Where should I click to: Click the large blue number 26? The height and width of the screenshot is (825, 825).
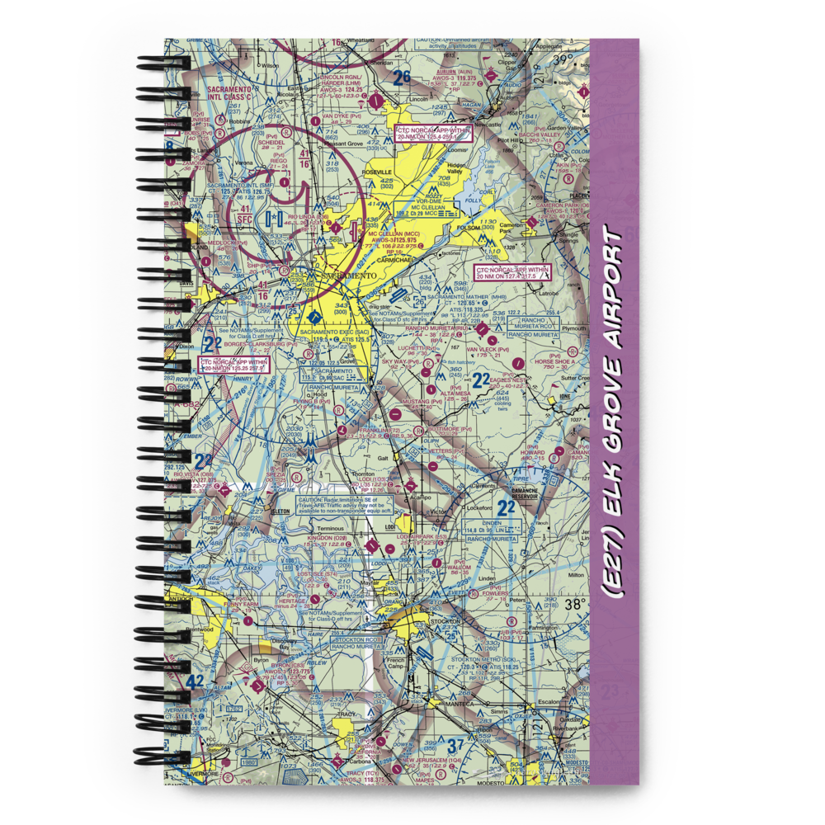[x=401, y=78]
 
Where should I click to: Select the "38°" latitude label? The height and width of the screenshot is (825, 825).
[x=575, y=604]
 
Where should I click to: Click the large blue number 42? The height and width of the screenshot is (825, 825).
[x=195, y=682]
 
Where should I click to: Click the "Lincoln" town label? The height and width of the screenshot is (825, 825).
[x=418, y=99]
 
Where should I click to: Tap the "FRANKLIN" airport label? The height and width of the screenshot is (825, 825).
[x=381, y=430]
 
